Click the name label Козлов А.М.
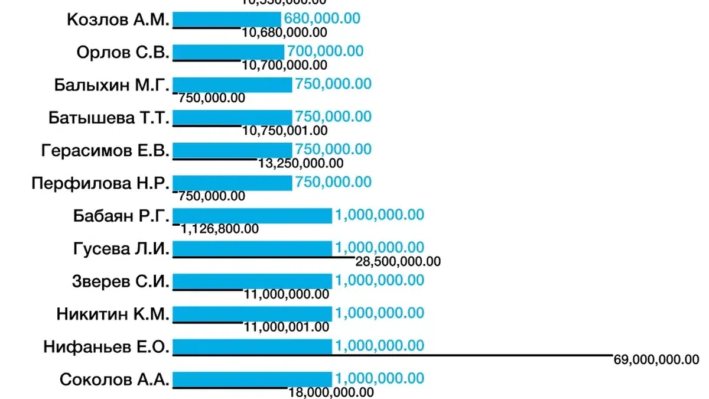click(x=119, y=20)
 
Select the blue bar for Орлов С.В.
click(x=228, y=52)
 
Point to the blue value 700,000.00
click(x=325, y=51)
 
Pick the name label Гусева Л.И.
click(x=121, y=249)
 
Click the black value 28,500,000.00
click(x=398, y=261)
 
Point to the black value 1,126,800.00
click(x=220, y=229)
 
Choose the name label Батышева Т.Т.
click(x=109, y=118)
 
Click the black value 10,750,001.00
click(x=285, y=131)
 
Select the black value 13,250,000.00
click(x=301, y=163)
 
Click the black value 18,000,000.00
click(x=331, y=392)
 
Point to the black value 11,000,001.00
click(x=287, y=326)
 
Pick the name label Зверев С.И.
click(x=121, y=281)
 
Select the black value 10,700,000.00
click(x=285, y=65)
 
